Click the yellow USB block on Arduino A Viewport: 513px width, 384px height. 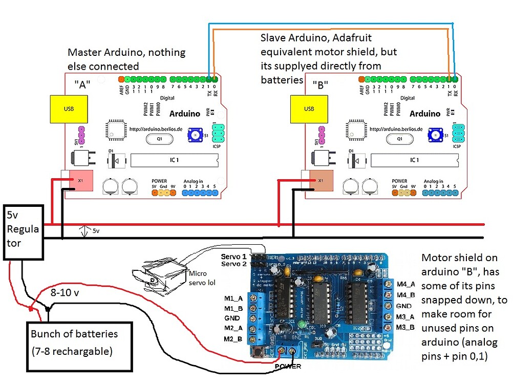tap(68, 109)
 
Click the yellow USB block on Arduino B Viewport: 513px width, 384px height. tap(309, 109)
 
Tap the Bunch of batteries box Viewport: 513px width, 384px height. tap(80, 343)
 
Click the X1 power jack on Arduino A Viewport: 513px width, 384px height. tap(77, 180)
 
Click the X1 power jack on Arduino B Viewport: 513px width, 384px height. tap(320, 180)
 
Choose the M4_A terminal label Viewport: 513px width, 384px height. tap(405, 285)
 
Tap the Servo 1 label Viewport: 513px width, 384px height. tap(233, 256)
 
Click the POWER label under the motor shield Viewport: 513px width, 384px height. tap(289, 367)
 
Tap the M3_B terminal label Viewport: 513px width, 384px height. tap(405, 327)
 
